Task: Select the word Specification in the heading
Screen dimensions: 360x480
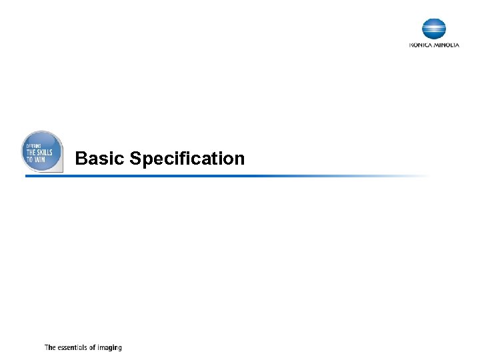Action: (187, 159)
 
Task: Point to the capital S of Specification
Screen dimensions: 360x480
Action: (136, 159)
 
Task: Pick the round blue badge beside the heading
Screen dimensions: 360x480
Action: (43, 151)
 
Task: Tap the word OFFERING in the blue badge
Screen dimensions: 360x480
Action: (33, 145)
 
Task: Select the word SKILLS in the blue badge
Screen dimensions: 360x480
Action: (45, 153)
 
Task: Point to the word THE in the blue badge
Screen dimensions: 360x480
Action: (31, 153)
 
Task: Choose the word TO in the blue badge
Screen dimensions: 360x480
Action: (29, 160)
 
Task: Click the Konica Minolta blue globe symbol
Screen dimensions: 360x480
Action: (434, 29)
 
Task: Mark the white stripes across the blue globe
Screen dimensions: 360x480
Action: (434, 29)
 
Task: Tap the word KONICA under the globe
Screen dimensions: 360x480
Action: (421, 45)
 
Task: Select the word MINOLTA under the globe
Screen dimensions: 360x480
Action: (446, 45)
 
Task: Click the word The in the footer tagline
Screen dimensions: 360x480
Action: (50, 347)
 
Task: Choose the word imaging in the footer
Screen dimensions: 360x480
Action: (111, 348)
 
